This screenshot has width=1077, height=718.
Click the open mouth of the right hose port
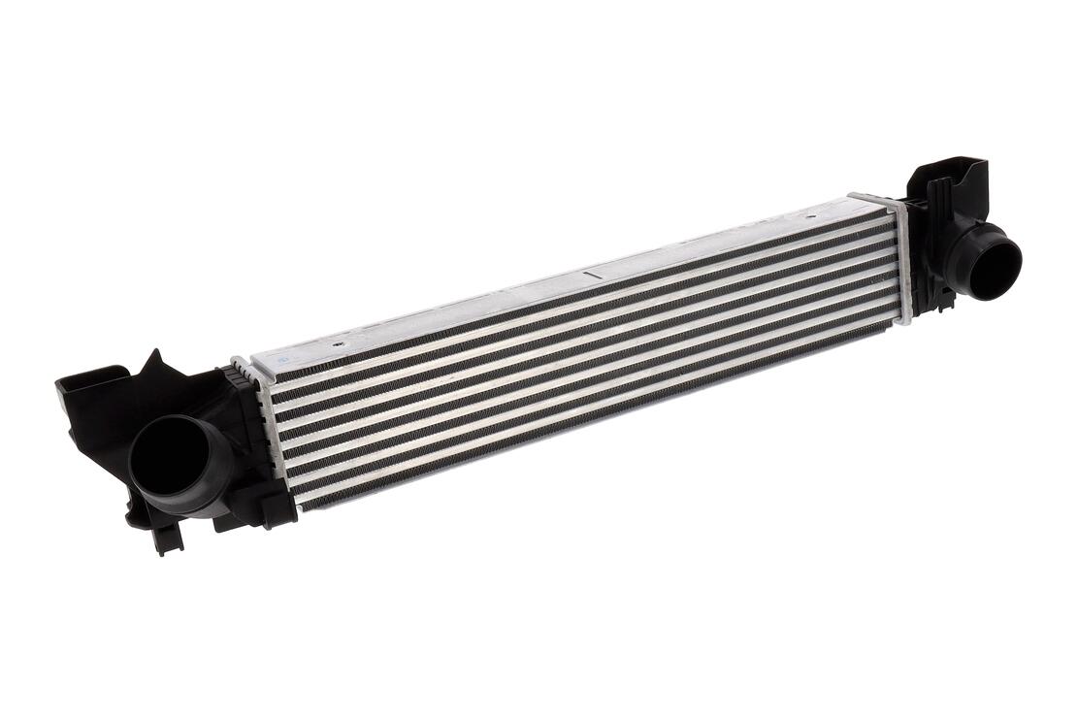(x=995, y=263)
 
